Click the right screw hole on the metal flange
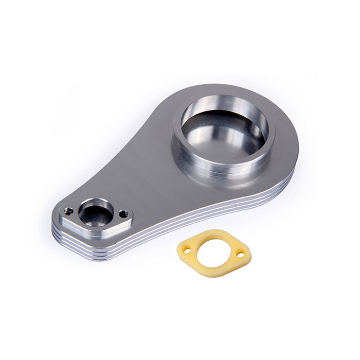(123, 213)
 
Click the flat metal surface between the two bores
(134, 170)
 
